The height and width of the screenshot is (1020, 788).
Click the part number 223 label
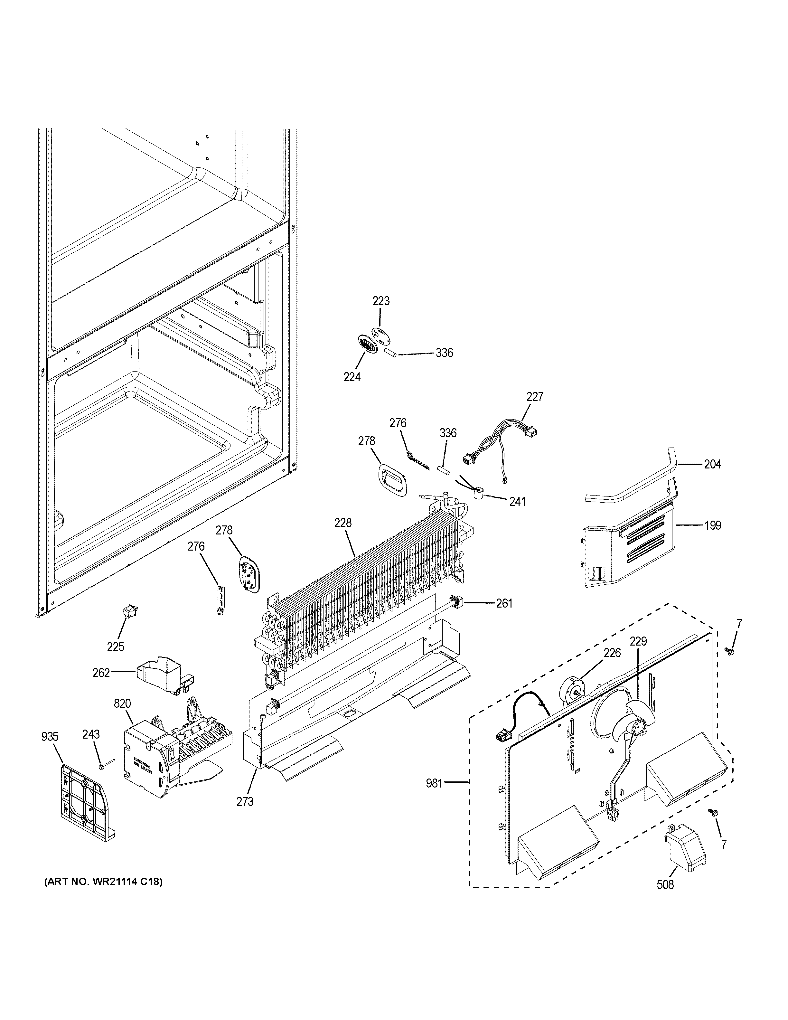(x=381, y=301)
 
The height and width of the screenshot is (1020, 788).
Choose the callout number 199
(x=712, y=525)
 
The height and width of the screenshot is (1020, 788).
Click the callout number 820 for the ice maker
(x=122, y=704)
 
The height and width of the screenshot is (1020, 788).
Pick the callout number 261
(x=504, y=603)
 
